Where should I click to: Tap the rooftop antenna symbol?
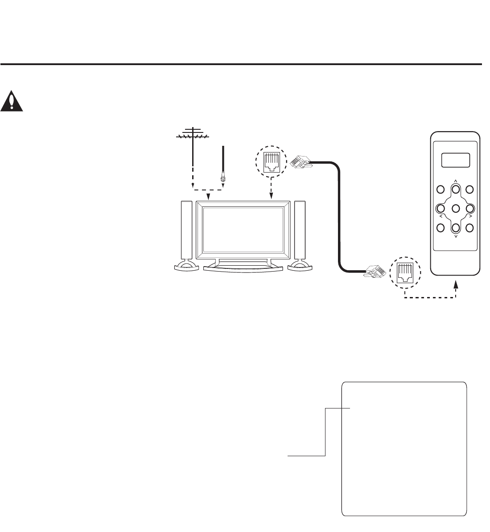[192, 134]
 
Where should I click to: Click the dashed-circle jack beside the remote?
[405, 272]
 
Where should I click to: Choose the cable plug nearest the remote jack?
[374, 271]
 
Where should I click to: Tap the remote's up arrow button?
[455, 189]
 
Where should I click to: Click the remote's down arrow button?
[455, 227]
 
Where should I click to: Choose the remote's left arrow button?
[441, 208]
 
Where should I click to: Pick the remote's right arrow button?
[470, 208]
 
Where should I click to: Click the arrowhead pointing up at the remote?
[456, 284]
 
